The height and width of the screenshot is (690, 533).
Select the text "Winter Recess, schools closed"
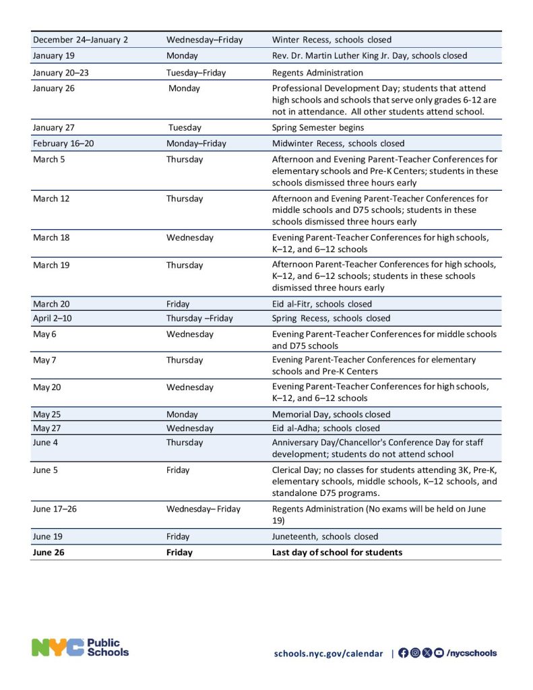click(x=332, y=40)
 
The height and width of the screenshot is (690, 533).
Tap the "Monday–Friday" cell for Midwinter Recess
click(x=197, y=144)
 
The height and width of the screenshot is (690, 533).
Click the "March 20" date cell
click(x=51, y=304)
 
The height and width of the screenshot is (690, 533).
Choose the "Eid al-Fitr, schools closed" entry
click(x=321, y=304)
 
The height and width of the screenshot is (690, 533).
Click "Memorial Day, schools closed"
click(x=331, y=414)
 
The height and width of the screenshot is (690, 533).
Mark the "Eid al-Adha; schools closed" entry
click(x=325, y=428)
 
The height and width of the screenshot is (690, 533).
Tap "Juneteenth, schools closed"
click(x=325, y=536)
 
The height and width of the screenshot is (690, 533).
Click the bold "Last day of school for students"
click(x=337, y=553)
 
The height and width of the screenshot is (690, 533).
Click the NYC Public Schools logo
click(x=80, y=648)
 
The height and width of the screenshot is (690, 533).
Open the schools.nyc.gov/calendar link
click(x=328, y=653)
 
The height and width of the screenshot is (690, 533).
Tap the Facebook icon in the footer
click(x=403, y=652)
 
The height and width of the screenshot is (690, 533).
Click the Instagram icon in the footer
click(x=415, y=652)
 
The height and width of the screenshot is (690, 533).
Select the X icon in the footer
click(x=427, y=652)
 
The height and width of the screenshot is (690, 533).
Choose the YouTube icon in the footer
click(x=439, y=652)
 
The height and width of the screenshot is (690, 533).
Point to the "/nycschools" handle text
click(x=472, y=653)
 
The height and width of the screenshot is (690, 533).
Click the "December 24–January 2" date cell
click(x=80, y=40)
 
